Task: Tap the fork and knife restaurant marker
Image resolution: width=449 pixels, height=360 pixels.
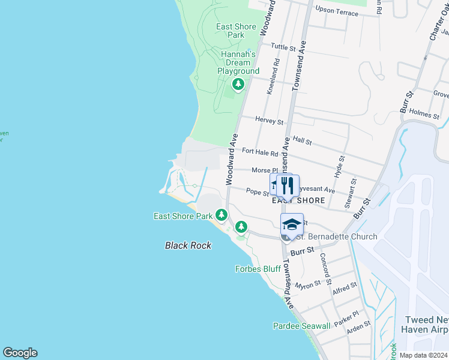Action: coord(287,185)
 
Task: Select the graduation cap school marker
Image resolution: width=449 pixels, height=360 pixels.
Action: coord(292,224)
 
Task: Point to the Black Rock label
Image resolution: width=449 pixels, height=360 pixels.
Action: coord(188,245)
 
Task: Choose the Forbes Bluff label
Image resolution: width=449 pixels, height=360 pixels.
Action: coord(258,269)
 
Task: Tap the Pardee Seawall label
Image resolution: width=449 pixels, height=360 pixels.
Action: coord(301,326)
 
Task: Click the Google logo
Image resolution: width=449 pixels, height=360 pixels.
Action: coord(20,353)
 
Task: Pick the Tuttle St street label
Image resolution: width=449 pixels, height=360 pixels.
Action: coord(283,47)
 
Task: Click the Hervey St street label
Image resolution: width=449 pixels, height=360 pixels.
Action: coord(269,121)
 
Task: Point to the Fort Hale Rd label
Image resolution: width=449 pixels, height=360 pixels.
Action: coord(260,153)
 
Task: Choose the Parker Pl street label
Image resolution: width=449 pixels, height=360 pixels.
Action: coord(346,319)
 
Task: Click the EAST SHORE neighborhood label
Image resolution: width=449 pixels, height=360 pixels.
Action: coord(295,200)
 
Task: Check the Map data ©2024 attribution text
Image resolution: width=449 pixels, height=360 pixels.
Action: coord(423,355)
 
